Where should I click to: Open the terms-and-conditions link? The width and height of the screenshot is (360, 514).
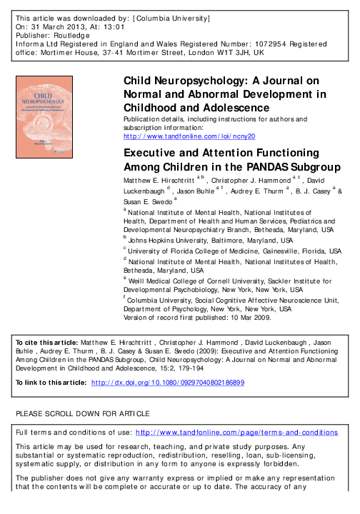coord(272,433)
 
